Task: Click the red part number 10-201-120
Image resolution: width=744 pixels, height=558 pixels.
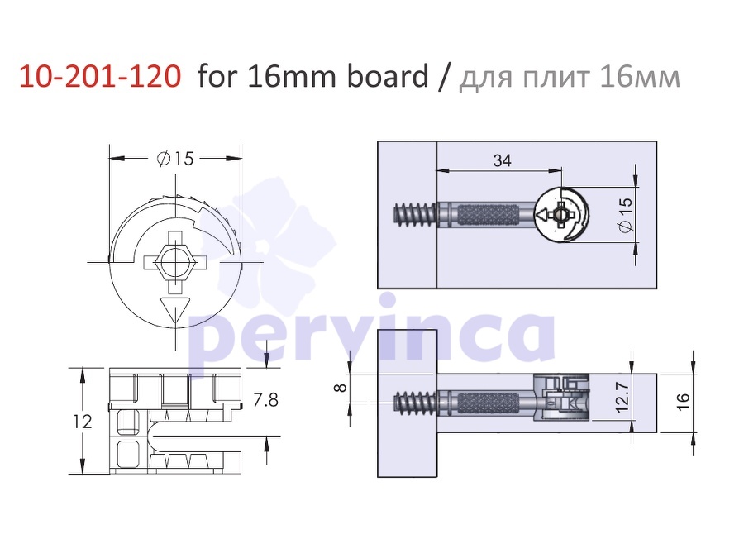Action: (100, 76)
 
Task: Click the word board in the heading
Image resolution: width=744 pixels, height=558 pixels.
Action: (388, 75)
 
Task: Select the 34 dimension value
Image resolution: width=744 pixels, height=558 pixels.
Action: (502, 160)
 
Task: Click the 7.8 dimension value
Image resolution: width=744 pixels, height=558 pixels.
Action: (265, 400)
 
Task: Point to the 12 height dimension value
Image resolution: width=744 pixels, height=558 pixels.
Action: (83, 422)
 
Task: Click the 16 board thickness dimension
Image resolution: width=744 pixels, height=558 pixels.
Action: (682, 402)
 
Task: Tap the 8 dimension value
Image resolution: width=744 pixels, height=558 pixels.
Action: (341, 388)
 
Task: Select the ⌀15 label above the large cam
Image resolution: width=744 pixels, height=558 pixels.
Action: (175, 158)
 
